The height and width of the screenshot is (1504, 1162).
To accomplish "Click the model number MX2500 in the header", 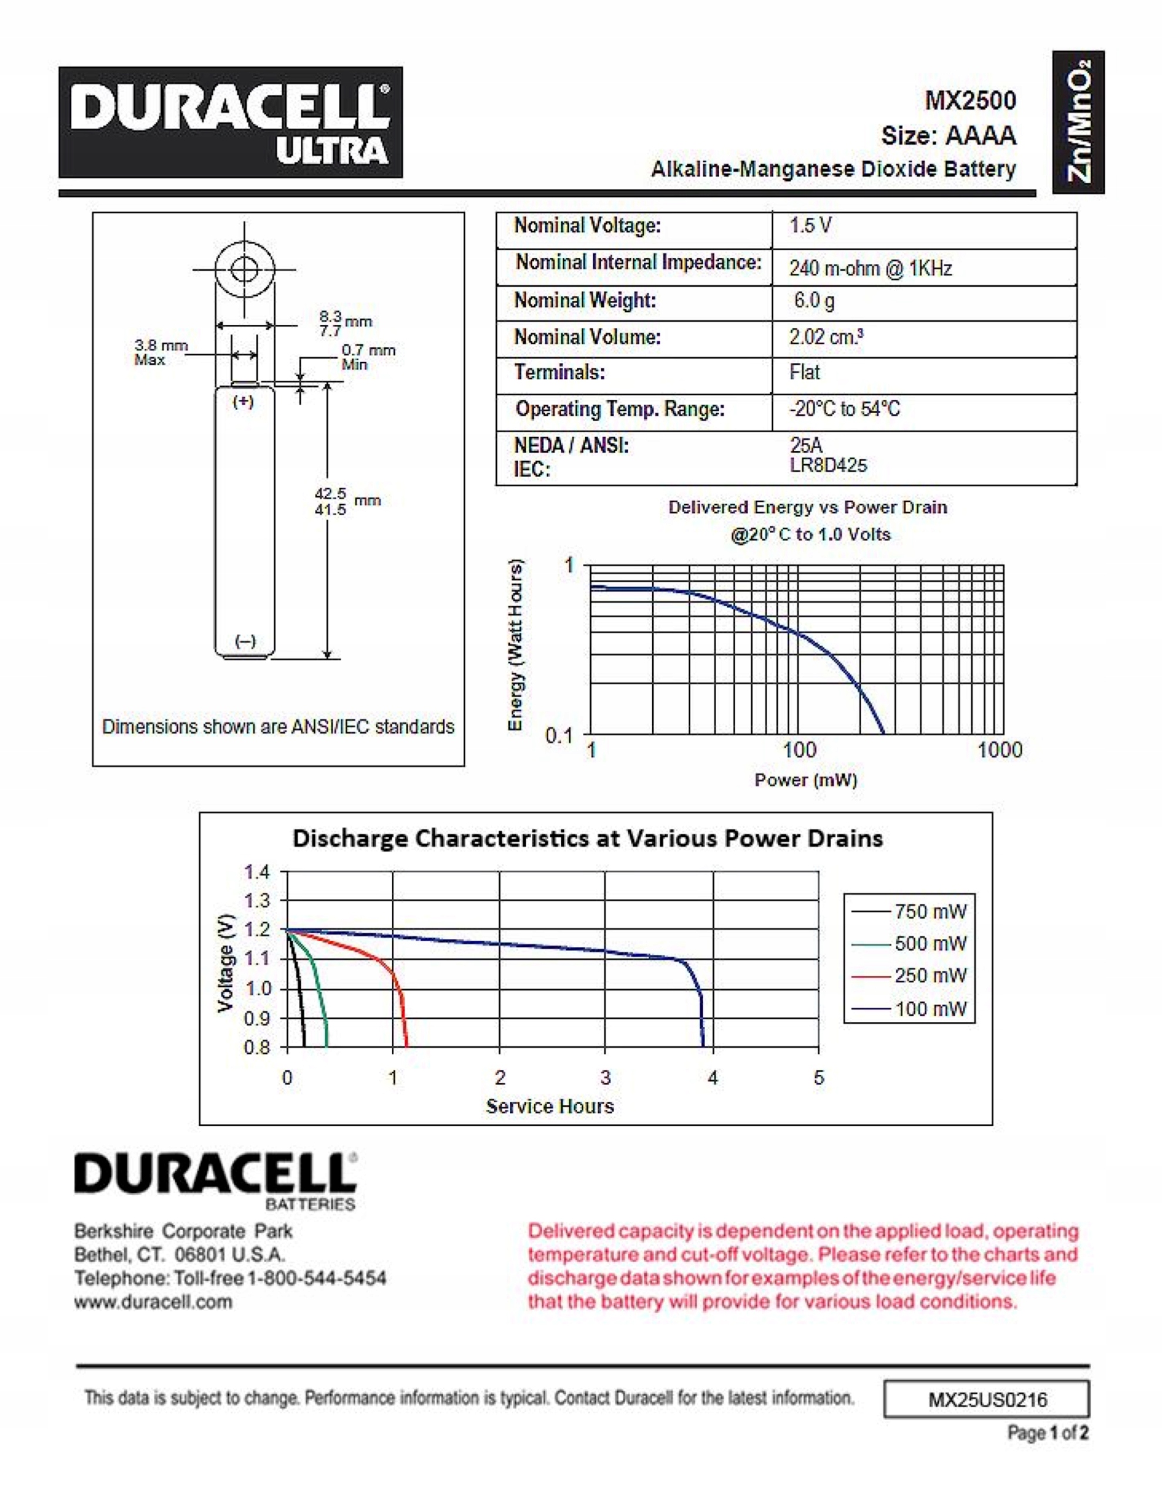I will pos(970,100).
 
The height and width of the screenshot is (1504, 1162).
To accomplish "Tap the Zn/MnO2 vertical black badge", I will pos(1078,122).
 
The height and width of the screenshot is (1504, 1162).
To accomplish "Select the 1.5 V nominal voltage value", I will pos(811,226).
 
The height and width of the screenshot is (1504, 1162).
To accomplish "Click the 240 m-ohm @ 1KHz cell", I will pos(870,268).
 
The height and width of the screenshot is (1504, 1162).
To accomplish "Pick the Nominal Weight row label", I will pos(585,300).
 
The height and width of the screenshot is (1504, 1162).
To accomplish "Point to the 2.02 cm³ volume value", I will pos(826,337).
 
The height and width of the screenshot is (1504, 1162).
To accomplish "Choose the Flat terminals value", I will pos(804,372).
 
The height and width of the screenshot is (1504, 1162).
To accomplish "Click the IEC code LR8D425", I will pos(828,465).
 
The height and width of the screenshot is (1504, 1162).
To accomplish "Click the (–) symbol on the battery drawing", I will pos(245,641).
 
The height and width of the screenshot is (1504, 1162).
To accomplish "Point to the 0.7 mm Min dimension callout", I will pos(368,357).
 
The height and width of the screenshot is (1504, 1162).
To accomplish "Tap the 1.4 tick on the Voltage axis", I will pos(257,872).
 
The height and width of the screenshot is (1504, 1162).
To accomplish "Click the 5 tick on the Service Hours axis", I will pos(818,1077).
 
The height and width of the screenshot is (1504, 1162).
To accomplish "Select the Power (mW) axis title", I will pos(806,780).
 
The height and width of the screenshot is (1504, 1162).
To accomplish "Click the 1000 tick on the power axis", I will pos(999,750).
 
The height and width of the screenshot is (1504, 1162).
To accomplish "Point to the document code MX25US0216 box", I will pos(986,1399).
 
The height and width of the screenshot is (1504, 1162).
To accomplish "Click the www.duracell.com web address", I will pos(153,1301).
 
